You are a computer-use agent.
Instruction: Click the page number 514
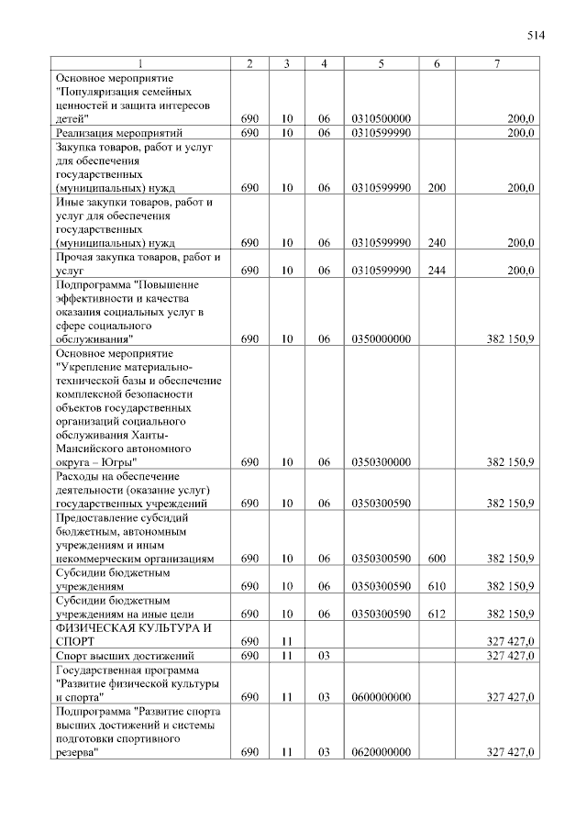(x=536, y=37)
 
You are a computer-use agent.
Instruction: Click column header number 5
(x=380, y=63)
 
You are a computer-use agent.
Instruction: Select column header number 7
(x=496, y=63)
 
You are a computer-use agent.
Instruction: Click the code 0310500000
(x=380, y=118)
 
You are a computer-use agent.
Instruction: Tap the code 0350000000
(x=380, y=338)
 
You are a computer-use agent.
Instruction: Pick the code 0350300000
(x=380, y=462)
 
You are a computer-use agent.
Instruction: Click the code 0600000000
(x=380, y=697)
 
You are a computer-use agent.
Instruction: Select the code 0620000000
(x=380, y=752)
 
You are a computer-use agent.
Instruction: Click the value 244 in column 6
(x=437, y=271)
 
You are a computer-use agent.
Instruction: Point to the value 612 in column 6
(x=437, y=614)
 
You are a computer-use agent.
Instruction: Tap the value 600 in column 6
(x=437, y=558)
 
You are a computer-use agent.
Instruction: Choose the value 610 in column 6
(x=437, y=586)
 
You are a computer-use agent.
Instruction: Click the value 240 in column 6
(x=437, y=243)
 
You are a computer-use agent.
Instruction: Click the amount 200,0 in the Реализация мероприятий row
(x=521, y=133)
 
